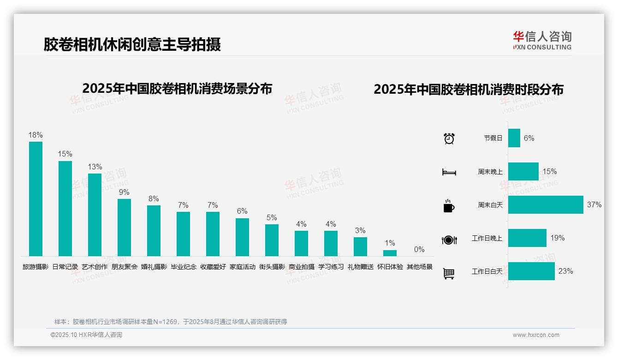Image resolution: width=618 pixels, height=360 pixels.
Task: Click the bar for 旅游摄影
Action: [x=36, y=199]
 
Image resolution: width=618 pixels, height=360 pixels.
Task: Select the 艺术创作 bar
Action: [x=95, y=215]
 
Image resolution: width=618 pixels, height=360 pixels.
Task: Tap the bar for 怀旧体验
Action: [x=390, y=253]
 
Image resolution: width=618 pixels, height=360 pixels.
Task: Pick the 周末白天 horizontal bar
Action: [x=546, y=204]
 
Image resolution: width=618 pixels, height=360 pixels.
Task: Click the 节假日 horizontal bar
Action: [x=514, y=138]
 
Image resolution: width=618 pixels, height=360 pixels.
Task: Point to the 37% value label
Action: [x=594, y=204]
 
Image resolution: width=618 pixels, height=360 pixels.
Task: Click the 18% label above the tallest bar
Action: [x=36, y=135]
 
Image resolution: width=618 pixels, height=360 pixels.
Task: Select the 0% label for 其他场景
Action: [x=419, y=249]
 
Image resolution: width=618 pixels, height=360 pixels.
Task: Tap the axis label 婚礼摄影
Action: [x=154, y=267]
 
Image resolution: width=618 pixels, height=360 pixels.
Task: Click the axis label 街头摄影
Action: [x=272, y=267]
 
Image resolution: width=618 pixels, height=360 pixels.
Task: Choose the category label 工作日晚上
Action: [x=487, y=238]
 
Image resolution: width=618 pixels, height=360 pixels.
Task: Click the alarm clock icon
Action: [x=449, y=138]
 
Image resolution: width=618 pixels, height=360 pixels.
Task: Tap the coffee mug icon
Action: [x=449, y=205]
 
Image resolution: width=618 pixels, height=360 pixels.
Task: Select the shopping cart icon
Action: [x=449, y=273]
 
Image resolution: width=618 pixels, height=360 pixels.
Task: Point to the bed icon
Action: [x=449, y=172]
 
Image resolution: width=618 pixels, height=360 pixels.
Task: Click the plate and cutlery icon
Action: [x=449, y=240]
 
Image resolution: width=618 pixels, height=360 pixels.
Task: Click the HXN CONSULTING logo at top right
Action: [x=542, y=40]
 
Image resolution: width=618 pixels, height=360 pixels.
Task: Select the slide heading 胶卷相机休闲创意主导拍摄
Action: [x=132, y=44]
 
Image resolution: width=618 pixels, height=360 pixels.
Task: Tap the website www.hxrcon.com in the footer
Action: [x=536, y=335]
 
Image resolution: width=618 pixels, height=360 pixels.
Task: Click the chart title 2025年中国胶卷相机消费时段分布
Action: [x=469, y=89]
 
